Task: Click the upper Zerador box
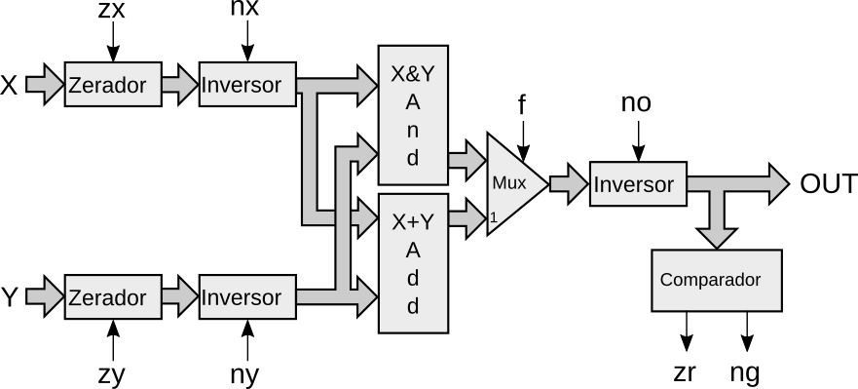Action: click(113, 85)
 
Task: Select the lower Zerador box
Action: click(113, 297)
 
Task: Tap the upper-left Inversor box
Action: click(247, 85)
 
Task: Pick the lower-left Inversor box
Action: click(247, 297)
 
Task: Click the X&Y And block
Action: click(413, 115)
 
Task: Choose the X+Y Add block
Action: click(413, 263)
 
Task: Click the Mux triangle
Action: click(512, 183)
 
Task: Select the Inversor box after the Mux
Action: click(638, 184)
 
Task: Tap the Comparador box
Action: click(716, 281)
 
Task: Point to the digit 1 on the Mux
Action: click(494, 217)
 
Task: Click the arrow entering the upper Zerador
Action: click(44, 85)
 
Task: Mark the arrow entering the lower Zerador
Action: click(44, 296)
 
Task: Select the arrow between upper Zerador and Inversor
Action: click(179, 85)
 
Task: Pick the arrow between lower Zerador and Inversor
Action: click(179, 296)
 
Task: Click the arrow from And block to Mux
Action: click(466, 160)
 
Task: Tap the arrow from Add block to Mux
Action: click(466, 217)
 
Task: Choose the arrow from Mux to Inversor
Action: click(568, 183)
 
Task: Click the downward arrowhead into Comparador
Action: click(717, 234)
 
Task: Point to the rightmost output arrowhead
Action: click(777, 183)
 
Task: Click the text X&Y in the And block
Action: click(413, 74)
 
